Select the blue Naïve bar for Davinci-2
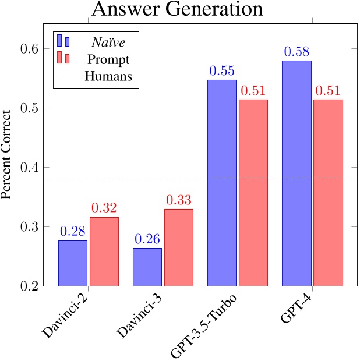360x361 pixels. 73,263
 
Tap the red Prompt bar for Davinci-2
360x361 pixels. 104,252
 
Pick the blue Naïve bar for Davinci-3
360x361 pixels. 147,267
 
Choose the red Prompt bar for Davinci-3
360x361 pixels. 179,247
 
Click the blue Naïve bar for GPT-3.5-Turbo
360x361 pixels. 222,183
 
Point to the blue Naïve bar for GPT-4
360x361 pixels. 297,173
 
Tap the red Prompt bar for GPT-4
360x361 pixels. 328,193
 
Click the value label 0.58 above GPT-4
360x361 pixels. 297,52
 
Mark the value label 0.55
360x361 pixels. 222,71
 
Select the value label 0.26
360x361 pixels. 147,239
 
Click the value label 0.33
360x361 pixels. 179,200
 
